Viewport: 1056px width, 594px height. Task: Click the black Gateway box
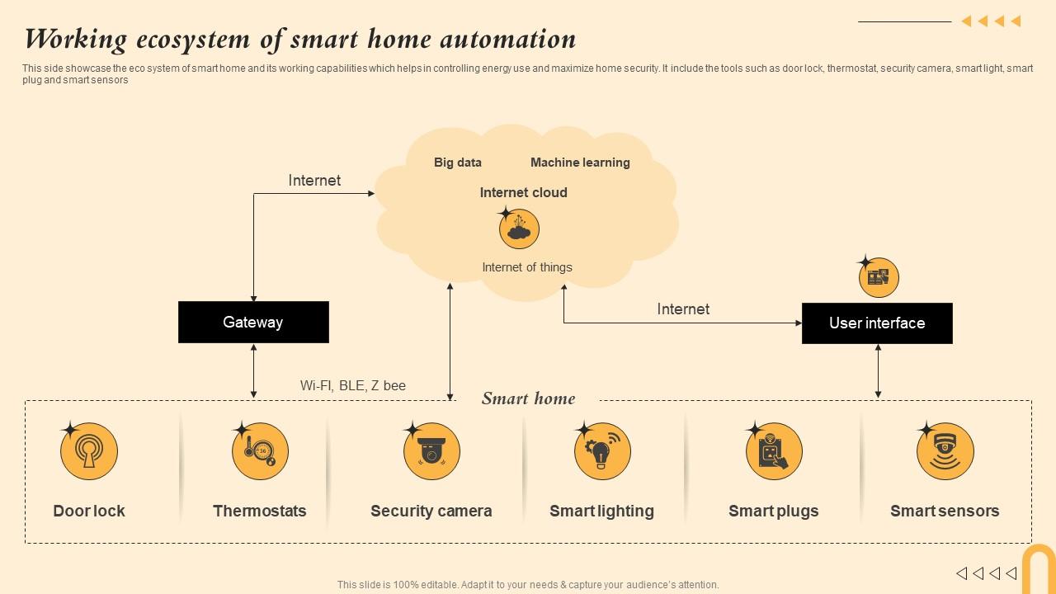pos(253,322)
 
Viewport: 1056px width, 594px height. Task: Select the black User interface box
pos(877,323)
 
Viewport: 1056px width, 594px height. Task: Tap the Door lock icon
pos(89,451)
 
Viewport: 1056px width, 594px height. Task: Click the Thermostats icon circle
pos(261,451)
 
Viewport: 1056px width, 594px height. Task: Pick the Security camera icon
pos(431,451)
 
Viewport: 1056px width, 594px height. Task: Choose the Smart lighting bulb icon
pos(602,451)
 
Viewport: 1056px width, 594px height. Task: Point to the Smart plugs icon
pos(774,451)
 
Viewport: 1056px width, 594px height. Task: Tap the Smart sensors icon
pos(945,451)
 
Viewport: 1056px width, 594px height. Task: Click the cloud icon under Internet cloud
pos(519,229)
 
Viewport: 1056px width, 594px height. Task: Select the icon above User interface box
pos(879,277)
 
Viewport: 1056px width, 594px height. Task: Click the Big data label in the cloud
pos(458,163)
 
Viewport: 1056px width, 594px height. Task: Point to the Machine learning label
pos(580,163)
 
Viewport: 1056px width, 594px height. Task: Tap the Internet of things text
pos(527,267)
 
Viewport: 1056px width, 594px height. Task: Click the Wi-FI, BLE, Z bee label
pos(353,385)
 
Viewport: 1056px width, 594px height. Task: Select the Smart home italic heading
pos(528,398)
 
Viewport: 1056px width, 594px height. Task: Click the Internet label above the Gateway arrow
pos(314,181)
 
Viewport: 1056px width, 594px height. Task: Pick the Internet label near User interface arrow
pos(683,309)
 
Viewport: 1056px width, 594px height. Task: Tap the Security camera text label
pos(431,511)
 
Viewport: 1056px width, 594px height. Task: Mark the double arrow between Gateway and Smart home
pos(253,371)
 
